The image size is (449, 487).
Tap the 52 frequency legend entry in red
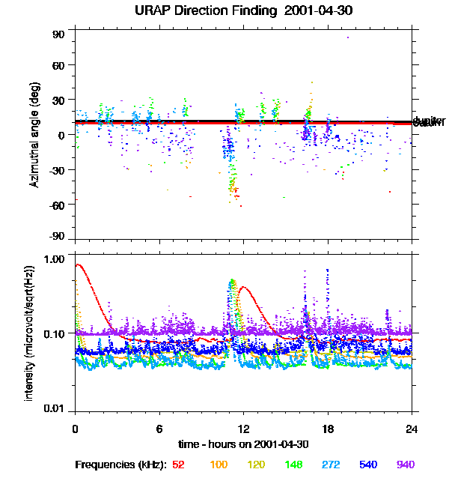[178, 465]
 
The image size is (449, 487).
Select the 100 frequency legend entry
[219, 465]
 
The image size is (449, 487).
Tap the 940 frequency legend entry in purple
[406, 465]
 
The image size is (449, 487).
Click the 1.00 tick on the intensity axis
[55, 259]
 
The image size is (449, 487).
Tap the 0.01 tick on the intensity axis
[55, 408]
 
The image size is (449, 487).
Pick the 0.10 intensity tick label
[55, 333]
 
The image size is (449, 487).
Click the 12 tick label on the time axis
[243, 429]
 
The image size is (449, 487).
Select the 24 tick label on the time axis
[412, 429]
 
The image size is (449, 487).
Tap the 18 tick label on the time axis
[328, 429]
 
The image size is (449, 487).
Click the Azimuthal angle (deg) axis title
[34, 136]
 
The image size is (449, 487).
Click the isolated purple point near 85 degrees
[347, 37]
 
